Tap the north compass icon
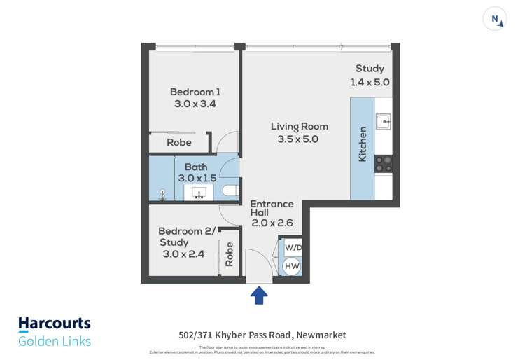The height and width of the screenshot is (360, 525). click(495, 19)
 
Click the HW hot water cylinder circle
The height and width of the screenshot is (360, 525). click(292, 265)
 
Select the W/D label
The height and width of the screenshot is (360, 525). click(293, 248)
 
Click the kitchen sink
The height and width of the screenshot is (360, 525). click(383, 123)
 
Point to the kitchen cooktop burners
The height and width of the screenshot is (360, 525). click(383, 164)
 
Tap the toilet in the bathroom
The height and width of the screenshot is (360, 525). click(229, 190)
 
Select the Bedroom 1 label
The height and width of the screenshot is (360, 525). click(195, 92)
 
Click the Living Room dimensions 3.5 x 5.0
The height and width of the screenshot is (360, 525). click(299, 139)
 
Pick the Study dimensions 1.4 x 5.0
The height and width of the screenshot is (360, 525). click(370, 81)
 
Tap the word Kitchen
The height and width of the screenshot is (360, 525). click(363, 144)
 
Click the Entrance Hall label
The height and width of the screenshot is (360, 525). click(272, 204)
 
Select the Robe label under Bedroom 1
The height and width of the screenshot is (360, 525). click(179, 142)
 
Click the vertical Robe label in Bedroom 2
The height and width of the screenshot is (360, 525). click(229, 257)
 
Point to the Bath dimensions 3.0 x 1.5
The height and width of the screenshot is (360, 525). click(196, 178)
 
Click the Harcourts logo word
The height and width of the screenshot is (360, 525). click(54, 324)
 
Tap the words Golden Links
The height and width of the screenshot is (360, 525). click(54, 341)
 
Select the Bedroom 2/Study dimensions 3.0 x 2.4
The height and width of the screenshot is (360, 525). click(183, 254)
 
